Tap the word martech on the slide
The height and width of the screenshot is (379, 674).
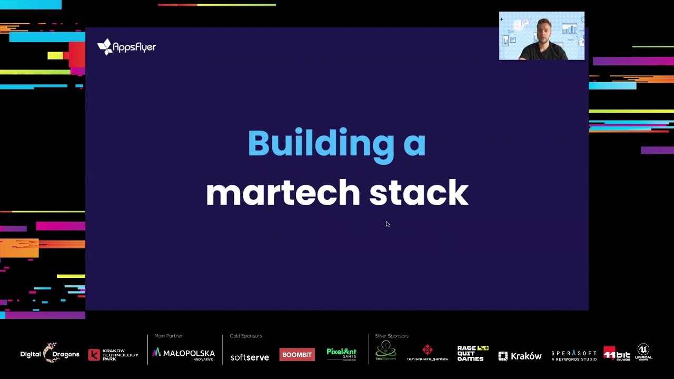283,193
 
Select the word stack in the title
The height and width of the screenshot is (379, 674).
419,193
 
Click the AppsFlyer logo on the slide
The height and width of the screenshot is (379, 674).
126,47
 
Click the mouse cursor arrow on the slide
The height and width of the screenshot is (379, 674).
387,224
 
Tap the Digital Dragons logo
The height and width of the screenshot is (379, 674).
50,354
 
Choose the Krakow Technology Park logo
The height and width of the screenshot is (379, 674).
113,355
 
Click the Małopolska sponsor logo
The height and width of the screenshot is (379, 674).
183,354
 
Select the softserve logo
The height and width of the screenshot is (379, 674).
250,357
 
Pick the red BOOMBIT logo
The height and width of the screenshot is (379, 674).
297,354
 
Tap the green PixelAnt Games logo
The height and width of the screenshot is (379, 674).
341,353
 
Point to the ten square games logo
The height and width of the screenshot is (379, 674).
427,353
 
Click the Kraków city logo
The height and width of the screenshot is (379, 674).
520,356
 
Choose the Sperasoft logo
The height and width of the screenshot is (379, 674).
574,355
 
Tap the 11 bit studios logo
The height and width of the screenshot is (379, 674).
617,354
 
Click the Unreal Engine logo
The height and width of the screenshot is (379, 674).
643,352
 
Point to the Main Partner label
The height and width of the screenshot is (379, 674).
168,336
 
